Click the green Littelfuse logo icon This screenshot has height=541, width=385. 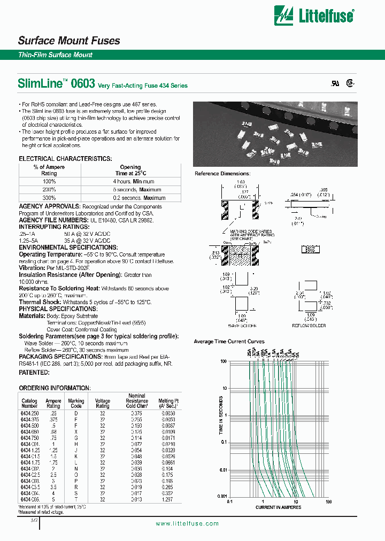coord(284,16)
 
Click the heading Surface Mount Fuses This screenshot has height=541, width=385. coord(69,41)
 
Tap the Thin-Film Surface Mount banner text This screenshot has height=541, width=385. coord(56,55)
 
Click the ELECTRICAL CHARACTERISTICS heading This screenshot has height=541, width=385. coord(65,159)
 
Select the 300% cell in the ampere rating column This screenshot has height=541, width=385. coord(49,198)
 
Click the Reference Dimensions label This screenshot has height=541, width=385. coord(222,174)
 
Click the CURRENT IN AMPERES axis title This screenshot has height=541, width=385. coord(279,507)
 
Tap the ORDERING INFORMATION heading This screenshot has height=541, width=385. coord(55,388)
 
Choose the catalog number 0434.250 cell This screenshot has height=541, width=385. coord(29,413)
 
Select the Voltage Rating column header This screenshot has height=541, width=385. coord(102,403)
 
